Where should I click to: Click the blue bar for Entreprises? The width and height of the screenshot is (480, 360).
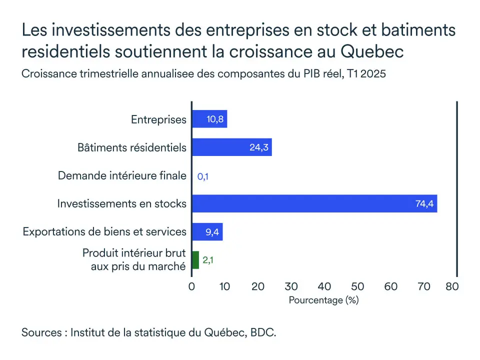click(x=209, y=119)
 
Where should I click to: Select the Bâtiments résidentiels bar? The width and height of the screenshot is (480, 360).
click(x=231, y=147)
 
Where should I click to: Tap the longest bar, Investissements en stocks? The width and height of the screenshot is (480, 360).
click(x=314, y=203)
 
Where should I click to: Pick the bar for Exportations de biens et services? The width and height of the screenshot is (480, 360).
click(x=207, y=231)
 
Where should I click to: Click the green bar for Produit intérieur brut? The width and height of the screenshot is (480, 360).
click(x=195, y=260)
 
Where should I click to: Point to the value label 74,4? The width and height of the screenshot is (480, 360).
click(x=424, y=203)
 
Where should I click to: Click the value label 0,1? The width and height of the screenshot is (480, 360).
click(x=202, y=176)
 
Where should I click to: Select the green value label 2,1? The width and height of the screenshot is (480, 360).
click(x=208, y=260)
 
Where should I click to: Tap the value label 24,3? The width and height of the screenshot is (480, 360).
click(x=259, y=147)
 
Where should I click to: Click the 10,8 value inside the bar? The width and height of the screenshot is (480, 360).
click(x=215, y=119)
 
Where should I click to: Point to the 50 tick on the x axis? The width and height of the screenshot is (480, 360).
click(x=357, y=286)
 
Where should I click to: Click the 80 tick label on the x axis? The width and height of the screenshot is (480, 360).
click(x=452, y=286)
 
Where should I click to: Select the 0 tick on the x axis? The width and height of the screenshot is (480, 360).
click(x=192, y=286)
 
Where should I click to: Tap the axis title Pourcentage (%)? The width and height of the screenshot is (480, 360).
click(x=324, y=300)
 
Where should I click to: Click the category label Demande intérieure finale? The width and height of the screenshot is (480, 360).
click(x=122, y=176)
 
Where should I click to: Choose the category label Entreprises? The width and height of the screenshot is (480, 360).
click(x=158, y=119)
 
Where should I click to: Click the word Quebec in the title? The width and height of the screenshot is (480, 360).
click(x=376, y=51)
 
